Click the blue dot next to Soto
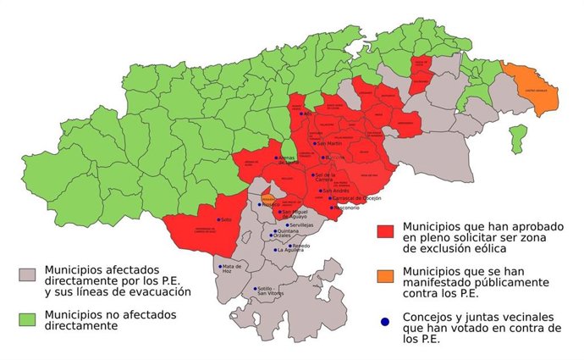pyautogui.click(x=218, y=219)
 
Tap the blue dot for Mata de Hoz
pyautogui.click(x=220, y=266)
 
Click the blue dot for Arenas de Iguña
pyautogui.click(x=275, y=158)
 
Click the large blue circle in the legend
pyautogui.click(x=386, y=322)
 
